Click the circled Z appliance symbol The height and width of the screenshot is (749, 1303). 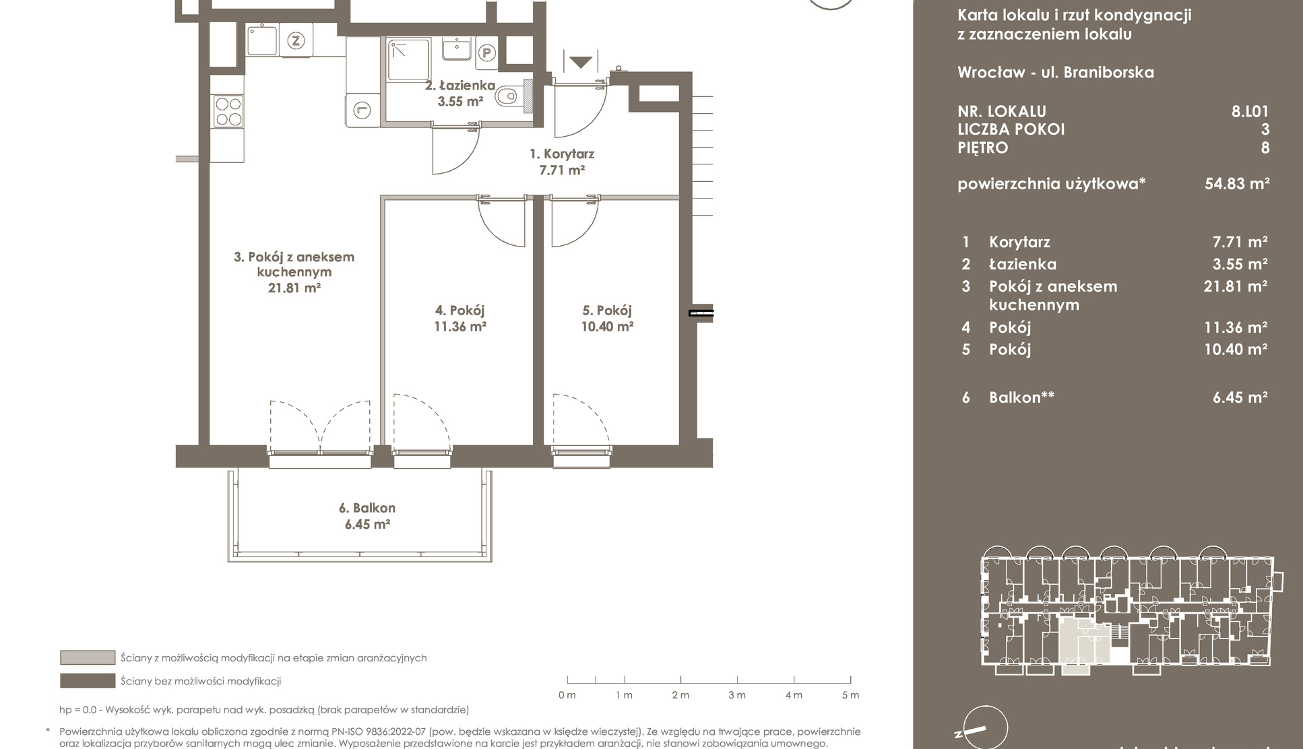point(295,40)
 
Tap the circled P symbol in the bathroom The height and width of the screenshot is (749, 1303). point(486,53)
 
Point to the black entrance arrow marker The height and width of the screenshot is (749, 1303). point(581,62)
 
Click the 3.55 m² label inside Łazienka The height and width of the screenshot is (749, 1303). point(460,102)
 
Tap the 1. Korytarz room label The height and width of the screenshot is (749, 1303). point(562,154)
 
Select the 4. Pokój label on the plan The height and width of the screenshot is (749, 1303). point(460,311)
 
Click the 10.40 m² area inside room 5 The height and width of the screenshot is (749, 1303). point(607,327)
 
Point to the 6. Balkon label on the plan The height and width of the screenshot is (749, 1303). point(367,508)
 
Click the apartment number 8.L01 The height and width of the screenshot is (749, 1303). point(1250,112)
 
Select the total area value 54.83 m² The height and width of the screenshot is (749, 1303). point(1237,183)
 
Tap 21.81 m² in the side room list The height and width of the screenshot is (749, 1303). point(1236,286)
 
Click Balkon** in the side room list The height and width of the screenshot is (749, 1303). point(1021,397)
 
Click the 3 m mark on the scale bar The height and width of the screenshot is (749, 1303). point(737,695)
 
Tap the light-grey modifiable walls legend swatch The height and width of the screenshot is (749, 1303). point(88,657)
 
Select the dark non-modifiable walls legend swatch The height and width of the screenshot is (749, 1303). point(88,681)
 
